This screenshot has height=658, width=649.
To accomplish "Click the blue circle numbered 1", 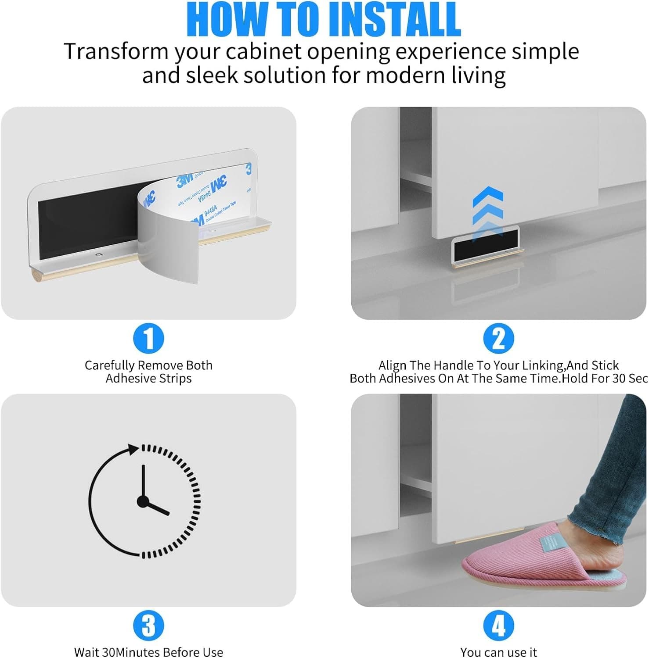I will click(x=148, y=338).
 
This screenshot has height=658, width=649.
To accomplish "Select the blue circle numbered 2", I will click(x=498, y=338).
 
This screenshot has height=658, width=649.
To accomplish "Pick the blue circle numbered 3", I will click(x=148, y=625).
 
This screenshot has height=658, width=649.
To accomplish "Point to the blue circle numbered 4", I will click(x=498, y=625).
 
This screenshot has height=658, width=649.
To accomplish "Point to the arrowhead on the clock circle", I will click(x=133, y=449).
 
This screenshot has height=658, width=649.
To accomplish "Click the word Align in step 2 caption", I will click(x=392, y=365).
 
